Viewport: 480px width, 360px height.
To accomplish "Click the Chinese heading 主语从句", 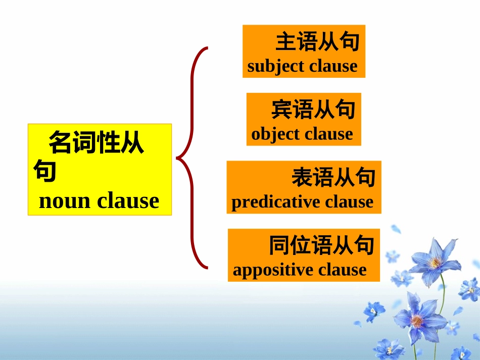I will (x=317, y=42).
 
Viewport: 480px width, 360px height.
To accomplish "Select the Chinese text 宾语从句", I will (x=313, y=110).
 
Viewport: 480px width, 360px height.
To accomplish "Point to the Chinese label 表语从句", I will (x=333, y=178).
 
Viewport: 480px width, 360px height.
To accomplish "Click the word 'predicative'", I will (x=276, y=202).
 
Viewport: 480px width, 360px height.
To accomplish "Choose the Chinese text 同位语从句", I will (x=321, y=245).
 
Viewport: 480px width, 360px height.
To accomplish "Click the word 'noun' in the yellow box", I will (x=65, y=201).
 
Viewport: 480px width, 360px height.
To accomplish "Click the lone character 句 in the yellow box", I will (x=44, y=171).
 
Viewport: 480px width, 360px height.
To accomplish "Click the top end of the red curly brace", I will (x=207, y=48).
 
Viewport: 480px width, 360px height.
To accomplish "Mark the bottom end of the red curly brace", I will (x=207, y=267).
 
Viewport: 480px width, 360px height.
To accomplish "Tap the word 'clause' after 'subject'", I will (x=333, y=66).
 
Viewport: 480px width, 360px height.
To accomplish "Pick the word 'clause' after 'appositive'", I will (x=342, y=270).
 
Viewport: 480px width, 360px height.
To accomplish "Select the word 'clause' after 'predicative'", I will (x=349, y=202).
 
